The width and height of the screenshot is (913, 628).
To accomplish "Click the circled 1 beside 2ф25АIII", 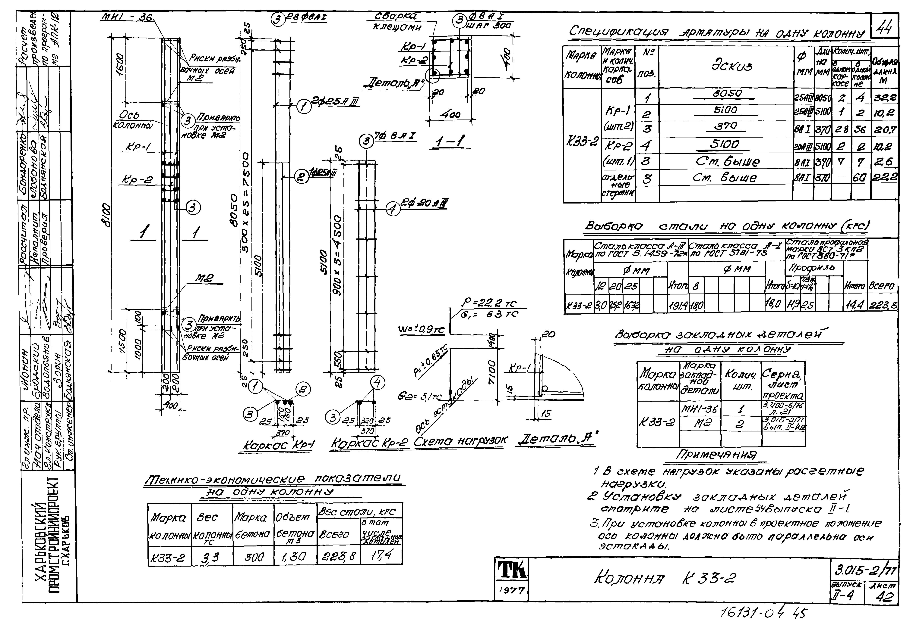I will pyautogui.click(x=304, y=106).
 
